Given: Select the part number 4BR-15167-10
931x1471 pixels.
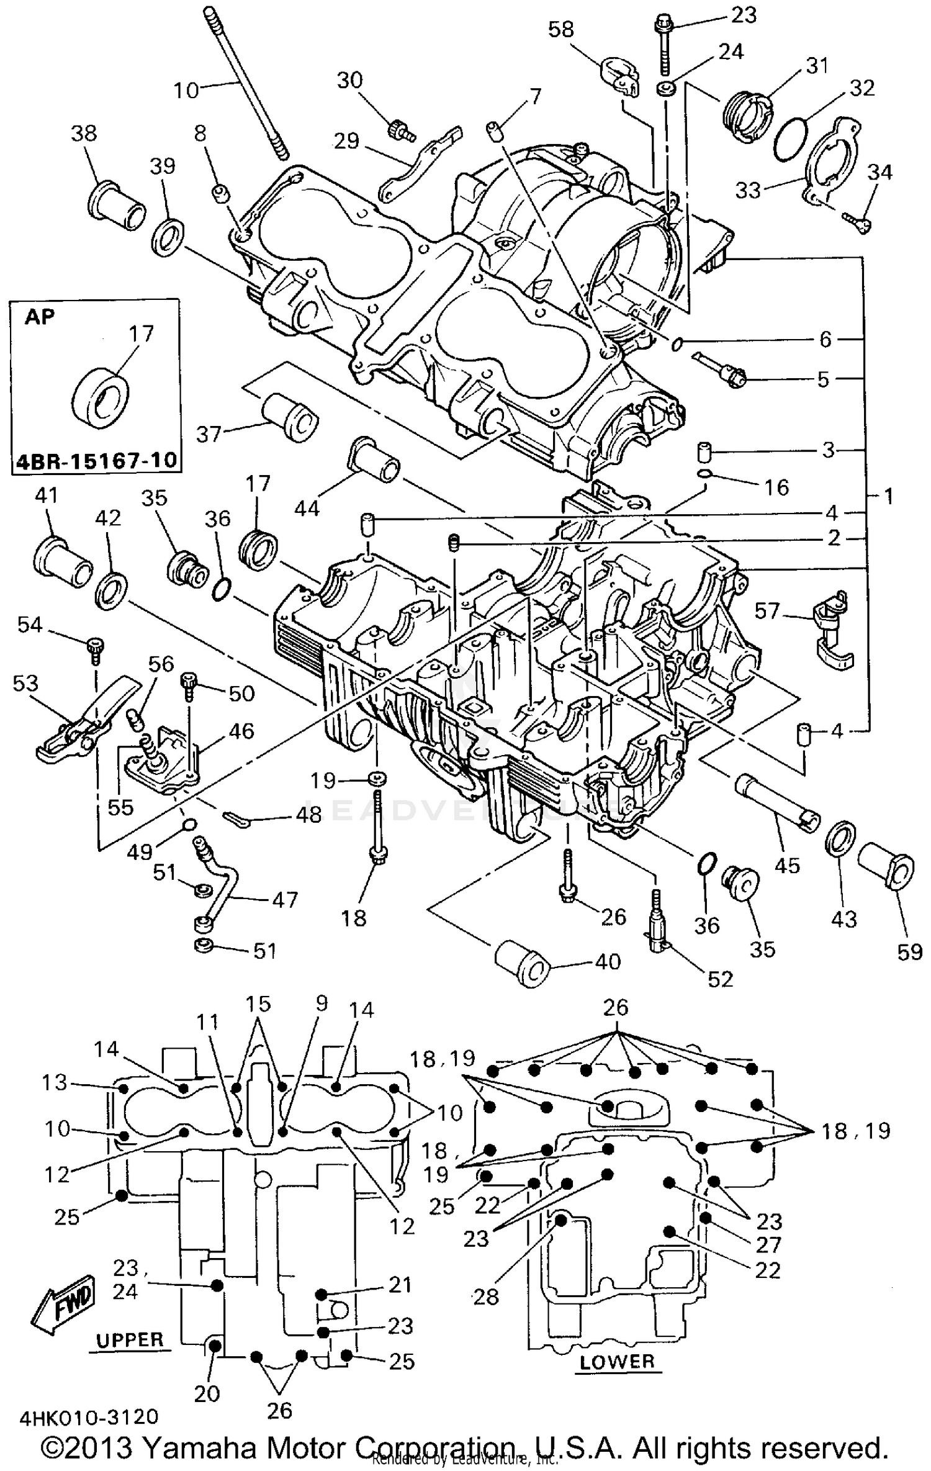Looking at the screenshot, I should pos(95,461).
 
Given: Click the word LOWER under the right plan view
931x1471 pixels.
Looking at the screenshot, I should pos(617,1362).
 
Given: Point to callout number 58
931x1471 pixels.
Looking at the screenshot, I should pos(561,29).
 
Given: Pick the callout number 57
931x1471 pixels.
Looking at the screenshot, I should pos(767,611).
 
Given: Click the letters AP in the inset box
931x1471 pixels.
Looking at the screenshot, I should pos(40,317).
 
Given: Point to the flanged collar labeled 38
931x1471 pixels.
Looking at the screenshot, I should pos(117,205).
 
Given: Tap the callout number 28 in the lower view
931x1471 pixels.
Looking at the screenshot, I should pos(485,1297).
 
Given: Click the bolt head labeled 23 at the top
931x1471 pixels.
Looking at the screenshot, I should pos(660,25).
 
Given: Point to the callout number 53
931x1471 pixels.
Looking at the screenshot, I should pos(25,683).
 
